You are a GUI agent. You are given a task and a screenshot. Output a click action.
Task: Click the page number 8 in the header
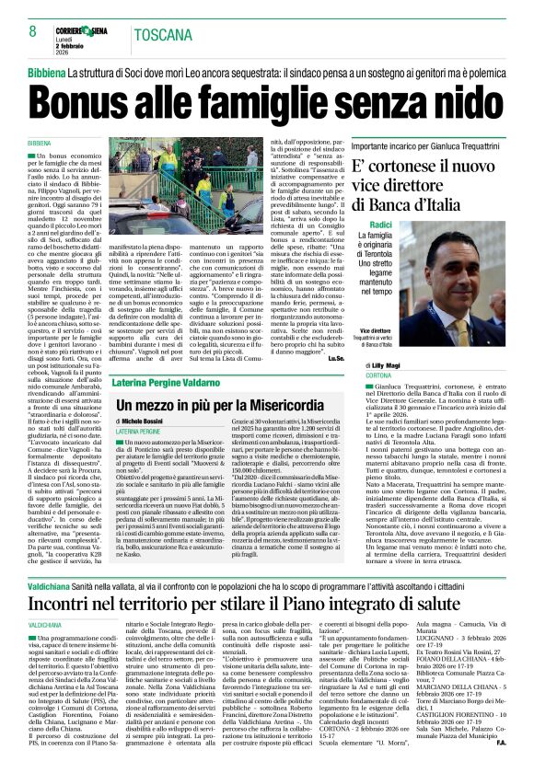tap(32, 30)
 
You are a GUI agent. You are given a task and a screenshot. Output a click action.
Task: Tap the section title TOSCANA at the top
tap(166, 34)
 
